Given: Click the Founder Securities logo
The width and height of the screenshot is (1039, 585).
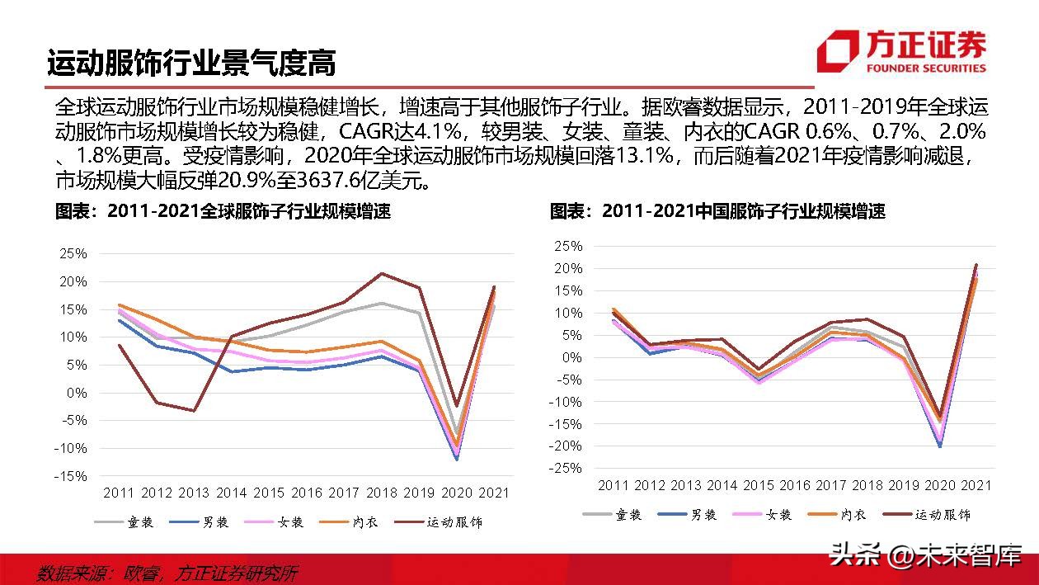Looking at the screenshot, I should (x=901, y=51).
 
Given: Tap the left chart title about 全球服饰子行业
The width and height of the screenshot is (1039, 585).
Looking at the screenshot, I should (x=223, y=211).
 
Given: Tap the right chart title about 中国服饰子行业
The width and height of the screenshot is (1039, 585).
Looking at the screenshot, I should (x=717, y=211).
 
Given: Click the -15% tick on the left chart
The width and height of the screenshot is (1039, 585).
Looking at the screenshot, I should (x=72, y=476).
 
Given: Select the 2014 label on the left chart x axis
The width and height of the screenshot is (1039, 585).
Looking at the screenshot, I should (x=232, y=493).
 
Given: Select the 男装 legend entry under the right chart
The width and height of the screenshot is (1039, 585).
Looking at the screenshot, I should (x=692, y=514).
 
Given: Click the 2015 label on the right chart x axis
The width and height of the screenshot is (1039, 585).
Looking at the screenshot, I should (x=759, y=485).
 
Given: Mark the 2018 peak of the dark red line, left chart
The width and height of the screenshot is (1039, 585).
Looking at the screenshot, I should (x=382, y=273).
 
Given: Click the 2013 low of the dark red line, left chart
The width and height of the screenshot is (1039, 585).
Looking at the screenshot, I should (x=195, y=411).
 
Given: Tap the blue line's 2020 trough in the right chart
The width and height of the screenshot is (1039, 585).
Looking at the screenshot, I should (x=940, y=446).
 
